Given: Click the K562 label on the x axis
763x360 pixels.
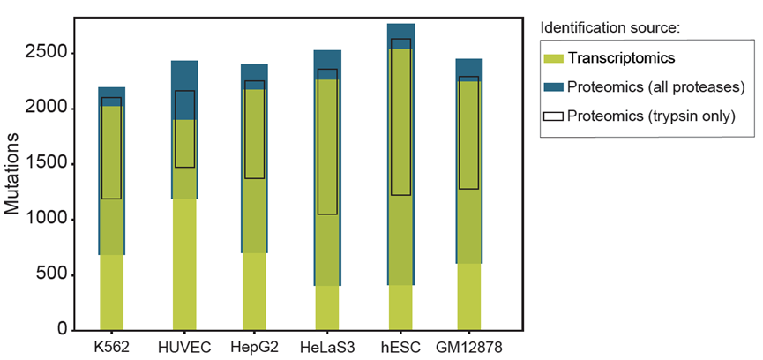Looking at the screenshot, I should [x=112, y=347].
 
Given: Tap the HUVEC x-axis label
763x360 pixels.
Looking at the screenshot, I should [x=184, y=347].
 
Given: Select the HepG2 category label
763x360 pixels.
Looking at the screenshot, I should [x=254, y=347].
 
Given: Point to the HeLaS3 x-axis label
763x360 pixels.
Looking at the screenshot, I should [x=327, y=347].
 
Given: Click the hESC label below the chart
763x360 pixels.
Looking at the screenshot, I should [x=400, y=347].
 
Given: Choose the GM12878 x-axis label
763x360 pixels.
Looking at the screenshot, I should [x=468, y=347].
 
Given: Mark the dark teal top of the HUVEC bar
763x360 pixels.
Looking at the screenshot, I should [x=184, y=75].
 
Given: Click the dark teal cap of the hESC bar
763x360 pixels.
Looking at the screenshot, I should [x=400, y=31].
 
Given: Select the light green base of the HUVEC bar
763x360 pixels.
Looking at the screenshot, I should [x=184, y=265].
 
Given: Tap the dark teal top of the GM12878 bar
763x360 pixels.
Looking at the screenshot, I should [x=468, y=67].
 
